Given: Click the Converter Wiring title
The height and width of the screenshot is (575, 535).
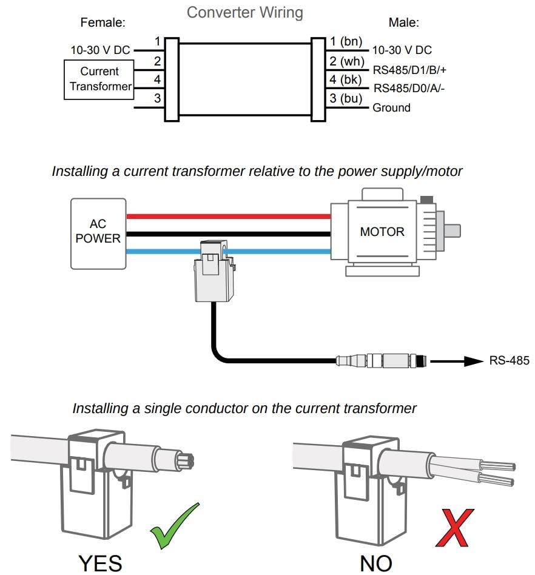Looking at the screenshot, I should (244, 12).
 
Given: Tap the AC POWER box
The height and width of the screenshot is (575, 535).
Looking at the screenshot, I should (98, 233).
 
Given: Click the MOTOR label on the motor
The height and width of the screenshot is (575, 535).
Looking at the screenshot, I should (382, 232).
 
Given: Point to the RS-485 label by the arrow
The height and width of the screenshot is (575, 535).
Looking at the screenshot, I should (509, 361).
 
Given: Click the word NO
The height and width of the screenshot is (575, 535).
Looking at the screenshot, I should (375, 563).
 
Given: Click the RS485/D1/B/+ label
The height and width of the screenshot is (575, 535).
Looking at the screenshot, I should (409, 70).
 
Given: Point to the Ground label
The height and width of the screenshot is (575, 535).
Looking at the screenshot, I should (391, 108).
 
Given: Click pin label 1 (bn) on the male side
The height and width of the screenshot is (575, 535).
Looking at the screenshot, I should (346, 42).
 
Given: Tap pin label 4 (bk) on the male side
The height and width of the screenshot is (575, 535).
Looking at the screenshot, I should (346, 79).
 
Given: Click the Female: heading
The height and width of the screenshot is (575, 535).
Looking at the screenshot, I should (103, 23).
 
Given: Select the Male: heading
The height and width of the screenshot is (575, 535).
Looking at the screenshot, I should (403, 23).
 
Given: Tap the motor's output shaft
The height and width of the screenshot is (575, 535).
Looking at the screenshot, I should (452, 231).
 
